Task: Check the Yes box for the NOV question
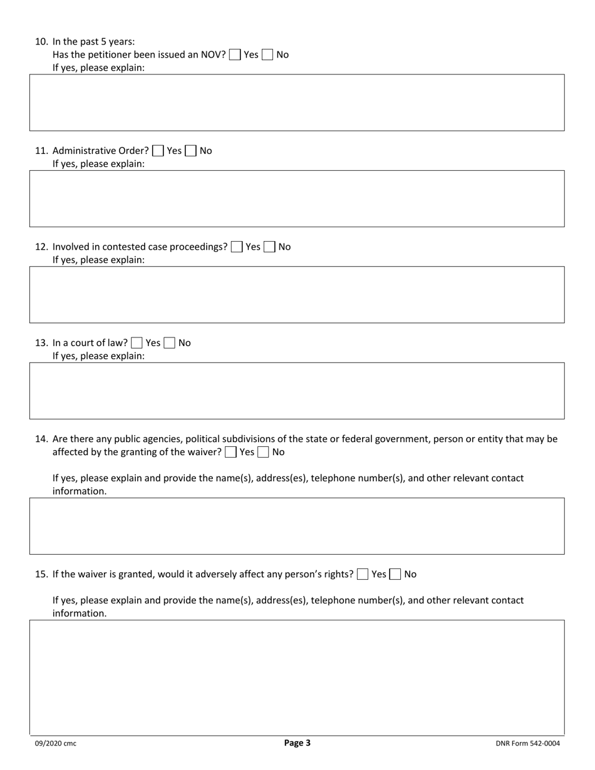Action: [x=235, y=54]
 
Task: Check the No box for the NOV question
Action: [x=267, y=54]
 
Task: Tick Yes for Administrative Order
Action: [x=158, y=151]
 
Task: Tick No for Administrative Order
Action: [x=191, y=151]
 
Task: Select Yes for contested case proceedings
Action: [x=237, y=247]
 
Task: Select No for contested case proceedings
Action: [x=269, y=247]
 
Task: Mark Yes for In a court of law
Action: [x=137, y=343]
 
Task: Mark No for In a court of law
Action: [x=170, y=343]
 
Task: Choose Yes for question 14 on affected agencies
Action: [x=230, y=452]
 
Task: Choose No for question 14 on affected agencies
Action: [x=264, y=452]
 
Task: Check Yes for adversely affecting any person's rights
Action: [x=363, y=574]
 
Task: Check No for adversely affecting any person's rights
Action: [x=395, y=574]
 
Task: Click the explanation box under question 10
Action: [x=297, y=103]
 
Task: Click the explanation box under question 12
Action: [x=297, y=295]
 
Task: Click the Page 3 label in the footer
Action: [x=297, y=743]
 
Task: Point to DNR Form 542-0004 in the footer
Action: [x=527, y=744]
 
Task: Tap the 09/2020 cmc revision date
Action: [x=56, y=744]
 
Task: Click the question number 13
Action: [x=41, y=343]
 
